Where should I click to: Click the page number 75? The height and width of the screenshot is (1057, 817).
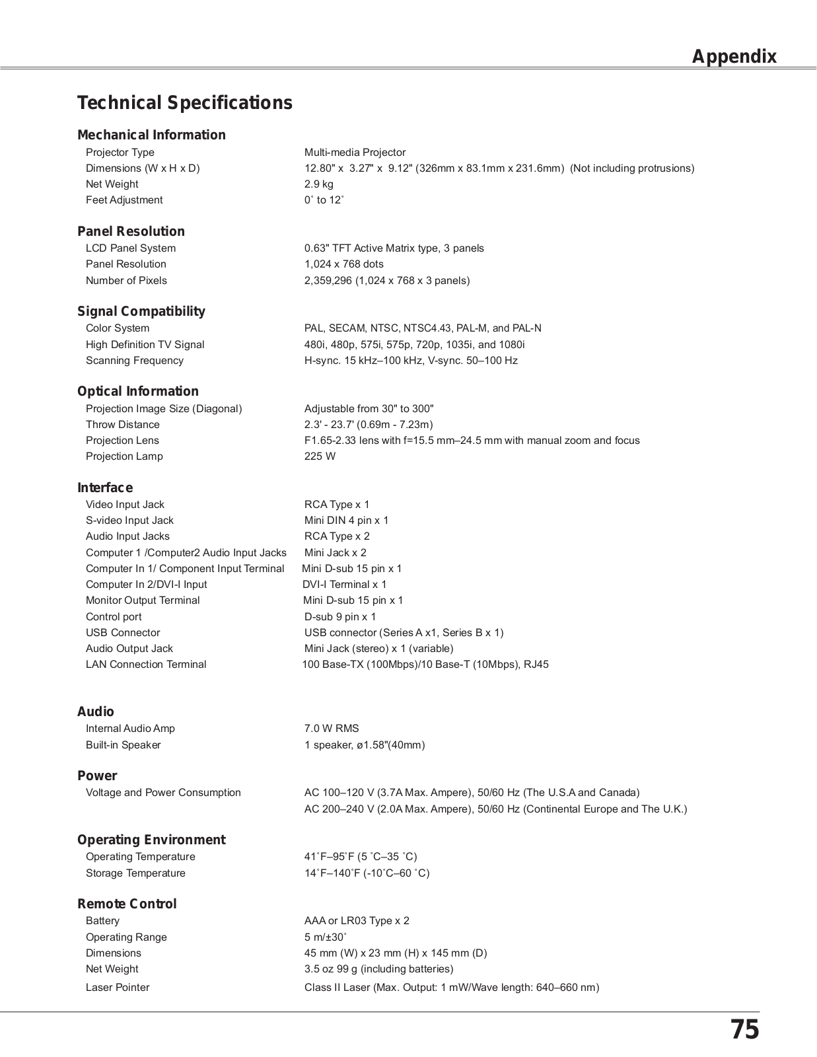(744, 1030)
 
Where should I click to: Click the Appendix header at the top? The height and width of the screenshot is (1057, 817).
(734, 57)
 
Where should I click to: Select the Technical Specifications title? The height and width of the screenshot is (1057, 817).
(184, 103)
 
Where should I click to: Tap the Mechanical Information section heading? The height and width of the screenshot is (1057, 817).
(151, 135)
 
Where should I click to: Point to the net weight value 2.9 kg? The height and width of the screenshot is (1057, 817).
(318, 184)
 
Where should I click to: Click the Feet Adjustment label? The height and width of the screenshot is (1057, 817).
(124, 200)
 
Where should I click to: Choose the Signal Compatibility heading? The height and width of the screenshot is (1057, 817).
(141, 311)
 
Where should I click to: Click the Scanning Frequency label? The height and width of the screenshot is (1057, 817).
(134, 361)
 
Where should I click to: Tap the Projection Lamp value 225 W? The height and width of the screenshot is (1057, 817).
(320, 456)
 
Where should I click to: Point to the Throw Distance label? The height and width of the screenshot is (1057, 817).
(122, 425)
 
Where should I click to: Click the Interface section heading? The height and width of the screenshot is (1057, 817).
(104, 488)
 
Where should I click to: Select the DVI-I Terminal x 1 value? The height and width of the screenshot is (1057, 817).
(344, 585)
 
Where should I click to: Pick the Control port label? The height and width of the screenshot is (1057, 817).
(114, 617)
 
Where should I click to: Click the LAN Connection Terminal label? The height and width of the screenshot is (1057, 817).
(145, 665)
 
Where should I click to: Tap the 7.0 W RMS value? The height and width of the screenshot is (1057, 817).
(331, 729)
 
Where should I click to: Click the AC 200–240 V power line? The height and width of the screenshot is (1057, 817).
(495, 809)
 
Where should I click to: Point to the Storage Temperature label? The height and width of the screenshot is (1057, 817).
(135, 873)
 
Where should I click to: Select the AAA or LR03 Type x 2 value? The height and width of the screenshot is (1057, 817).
(357, 921)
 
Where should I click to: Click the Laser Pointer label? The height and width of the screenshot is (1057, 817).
(118, 988)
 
